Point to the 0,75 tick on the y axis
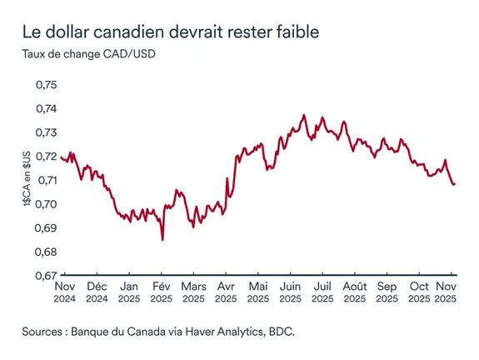[45, 86]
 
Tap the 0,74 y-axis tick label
[45, 109]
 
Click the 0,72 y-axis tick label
[45, 157]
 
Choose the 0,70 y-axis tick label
[45, 204]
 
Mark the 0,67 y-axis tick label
[45, 275]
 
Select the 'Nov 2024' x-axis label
[65, 290]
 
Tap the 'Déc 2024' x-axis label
[97, 290]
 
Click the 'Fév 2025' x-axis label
[161, 290]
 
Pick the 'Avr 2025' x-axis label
[226, 290]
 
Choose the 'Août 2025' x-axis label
[354, 290]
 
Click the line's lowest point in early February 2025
[162, 239]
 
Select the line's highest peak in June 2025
[303, 115]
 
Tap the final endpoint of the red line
[455, 183]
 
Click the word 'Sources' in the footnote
[44, 331]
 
